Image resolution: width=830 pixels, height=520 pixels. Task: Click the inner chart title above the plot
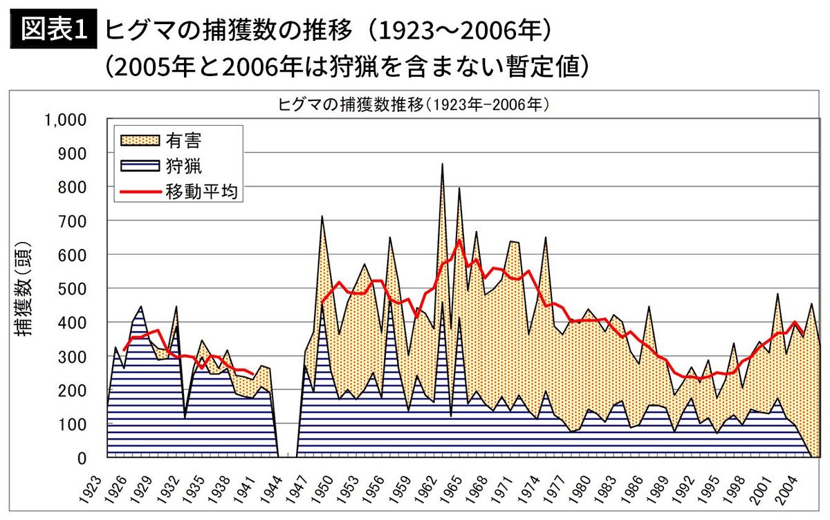tap(413, 104)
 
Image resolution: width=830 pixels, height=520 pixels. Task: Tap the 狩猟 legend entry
tap(183, 166)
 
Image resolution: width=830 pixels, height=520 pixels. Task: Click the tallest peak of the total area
tap(442, 165)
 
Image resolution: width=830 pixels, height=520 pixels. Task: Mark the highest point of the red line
tap(459, 240)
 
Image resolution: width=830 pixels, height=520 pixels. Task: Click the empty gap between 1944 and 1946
tap(287, 415)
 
